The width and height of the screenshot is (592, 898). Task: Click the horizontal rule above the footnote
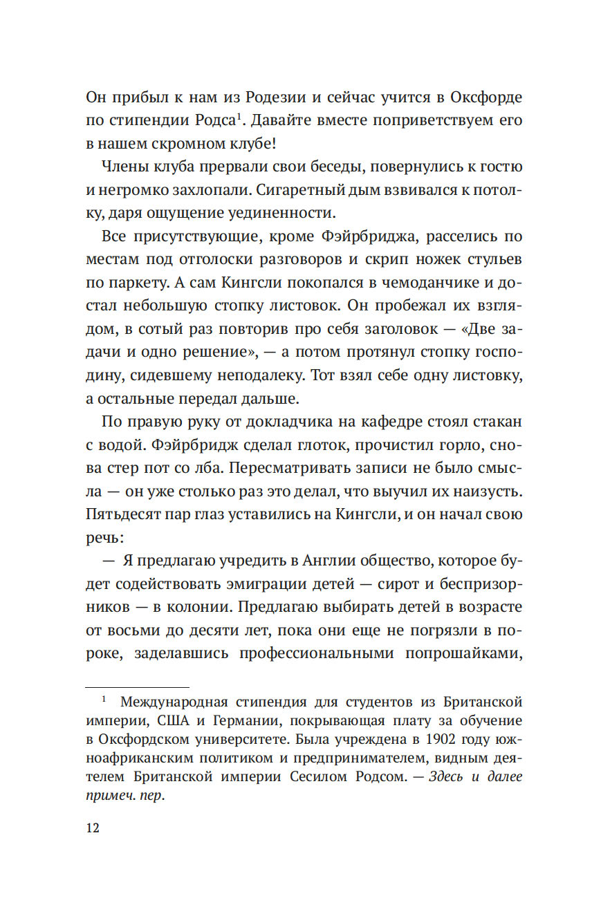tap(137, 688)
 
